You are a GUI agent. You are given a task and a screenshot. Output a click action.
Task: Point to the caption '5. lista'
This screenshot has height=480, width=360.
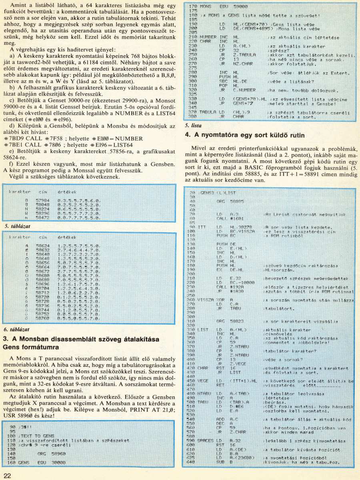(194, 125)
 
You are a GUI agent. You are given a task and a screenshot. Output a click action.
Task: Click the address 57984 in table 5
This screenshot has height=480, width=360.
(42, 199)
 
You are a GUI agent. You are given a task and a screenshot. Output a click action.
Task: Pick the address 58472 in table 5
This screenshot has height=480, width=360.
(42, 219)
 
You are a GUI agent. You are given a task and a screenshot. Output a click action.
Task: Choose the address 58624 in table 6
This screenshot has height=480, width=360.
(42, 245)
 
